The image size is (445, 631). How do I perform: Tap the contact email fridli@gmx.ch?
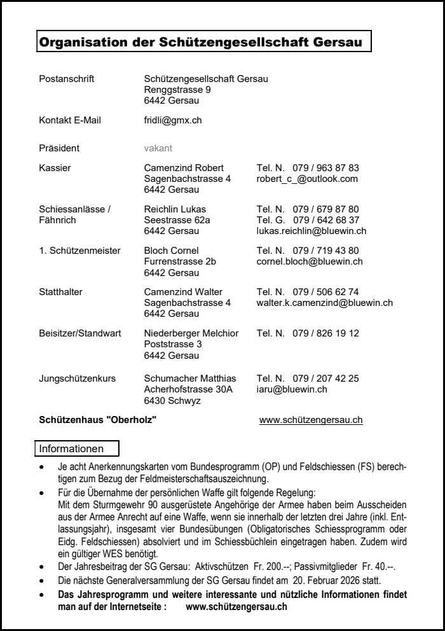click(x=173, y=120)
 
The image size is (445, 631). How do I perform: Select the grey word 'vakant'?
click(x=158, y=148)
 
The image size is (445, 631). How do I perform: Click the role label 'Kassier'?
click(x=55, y=168)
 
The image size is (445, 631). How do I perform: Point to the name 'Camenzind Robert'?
click(x=184, y=168)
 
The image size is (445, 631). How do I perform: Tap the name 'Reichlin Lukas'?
click(x=175, y=209)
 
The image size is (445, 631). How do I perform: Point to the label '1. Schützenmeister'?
click(x=79, y=251)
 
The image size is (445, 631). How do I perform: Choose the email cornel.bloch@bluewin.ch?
click(x=310, y=261)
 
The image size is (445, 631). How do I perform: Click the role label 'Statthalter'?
click(x=61, y=292)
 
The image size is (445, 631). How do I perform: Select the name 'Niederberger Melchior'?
click(x=191, y=333)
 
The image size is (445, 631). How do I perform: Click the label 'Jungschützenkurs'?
click(x=78, y=378)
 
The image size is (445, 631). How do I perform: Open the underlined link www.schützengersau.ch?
click(x=311, y=420)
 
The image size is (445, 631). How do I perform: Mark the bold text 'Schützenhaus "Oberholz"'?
click(x=97, y=420)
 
